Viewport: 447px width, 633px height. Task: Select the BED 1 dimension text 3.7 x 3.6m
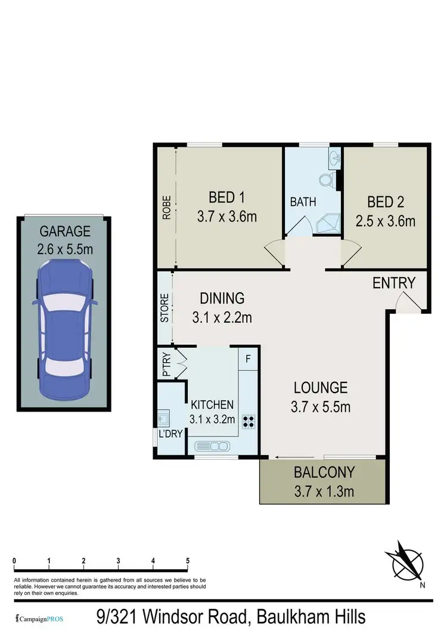(227, 216)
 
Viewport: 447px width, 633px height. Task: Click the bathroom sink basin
(333, 159)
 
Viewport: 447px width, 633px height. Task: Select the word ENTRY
(393, 283)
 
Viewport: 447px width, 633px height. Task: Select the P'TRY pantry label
(165, 366)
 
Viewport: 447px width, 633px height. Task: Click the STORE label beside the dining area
(165, 308)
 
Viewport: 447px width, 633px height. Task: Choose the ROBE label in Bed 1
(167, 208)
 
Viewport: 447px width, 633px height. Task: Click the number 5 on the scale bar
(188, 561)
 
